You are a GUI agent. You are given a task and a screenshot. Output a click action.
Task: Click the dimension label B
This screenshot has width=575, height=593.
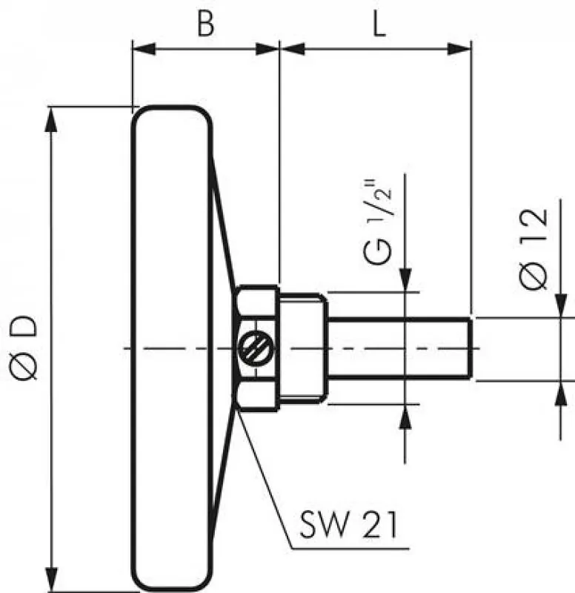coord(205,24)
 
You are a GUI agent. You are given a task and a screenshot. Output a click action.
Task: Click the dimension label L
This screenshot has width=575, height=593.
coord(378,24)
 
